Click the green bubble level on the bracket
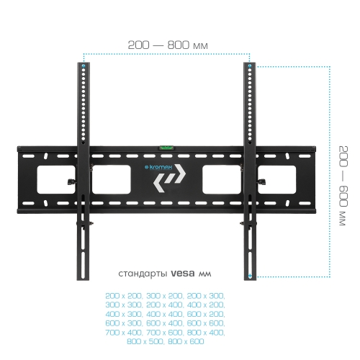coord(166,148)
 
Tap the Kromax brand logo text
coord(158,167)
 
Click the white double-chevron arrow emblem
coord(169,178)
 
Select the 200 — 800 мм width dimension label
coord(168,45)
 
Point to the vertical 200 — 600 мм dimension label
coord(343,186)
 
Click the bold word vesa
coord(183,274)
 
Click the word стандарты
coord(143,274)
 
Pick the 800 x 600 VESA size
coord(186,341)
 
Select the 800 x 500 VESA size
coord(145,341)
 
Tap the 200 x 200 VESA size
coord(124,296)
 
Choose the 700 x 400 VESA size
coord(124,333)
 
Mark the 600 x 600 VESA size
coord(206,323)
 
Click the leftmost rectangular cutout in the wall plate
coord(56,179)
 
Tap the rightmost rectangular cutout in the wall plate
coord(276,179)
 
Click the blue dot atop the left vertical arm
coord(84,66)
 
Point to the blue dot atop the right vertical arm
coord(250,66)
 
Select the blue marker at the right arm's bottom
coord(250,276)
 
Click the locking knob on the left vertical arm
coord(71,181)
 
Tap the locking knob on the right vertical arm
coord(261,181)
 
